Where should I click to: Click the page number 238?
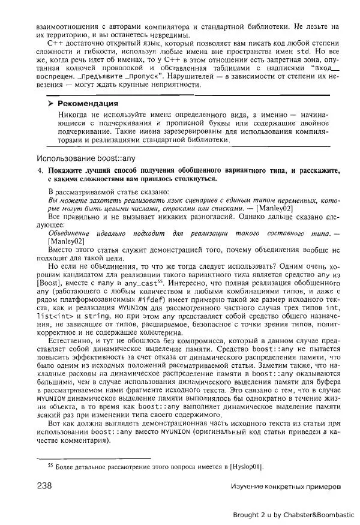coord(47,485)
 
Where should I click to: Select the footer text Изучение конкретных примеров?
coord(285,485)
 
